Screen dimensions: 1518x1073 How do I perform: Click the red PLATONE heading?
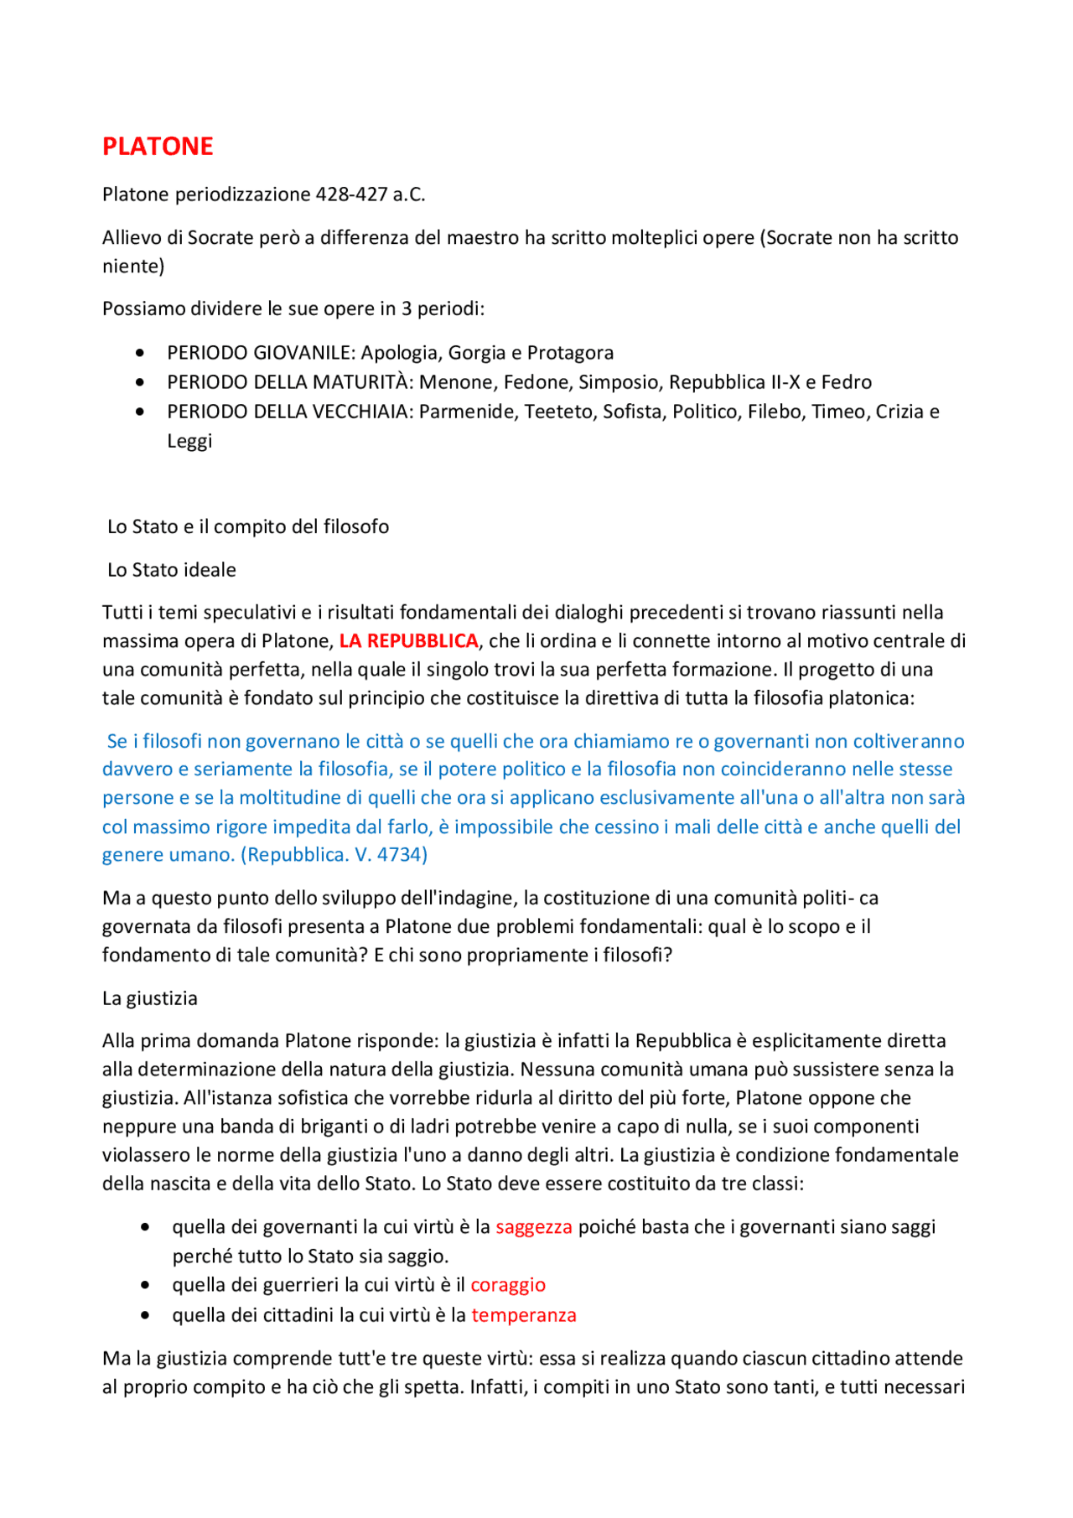[x=158, y=147]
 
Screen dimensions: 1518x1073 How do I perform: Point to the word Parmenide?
[x=468, y=412]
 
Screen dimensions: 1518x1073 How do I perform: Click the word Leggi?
[x=189, y=441]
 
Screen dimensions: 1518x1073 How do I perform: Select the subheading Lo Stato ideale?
[x=172, y=570]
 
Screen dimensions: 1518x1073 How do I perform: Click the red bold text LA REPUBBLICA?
[x=408, y=641]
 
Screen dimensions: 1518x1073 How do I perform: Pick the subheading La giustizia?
[x=150, y=998]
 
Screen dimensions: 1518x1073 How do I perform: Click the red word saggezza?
[x=534, y=1227]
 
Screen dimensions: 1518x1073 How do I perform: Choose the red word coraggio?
[x=508, y=1285]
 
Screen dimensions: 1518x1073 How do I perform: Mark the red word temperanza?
[x=524, y=1315]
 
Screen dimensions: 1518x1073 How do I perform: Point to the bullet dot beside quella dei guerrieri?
[x=146, y=1286]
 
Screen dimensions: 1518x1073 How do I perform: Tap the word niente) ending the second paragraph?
[x=133, y=267]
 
